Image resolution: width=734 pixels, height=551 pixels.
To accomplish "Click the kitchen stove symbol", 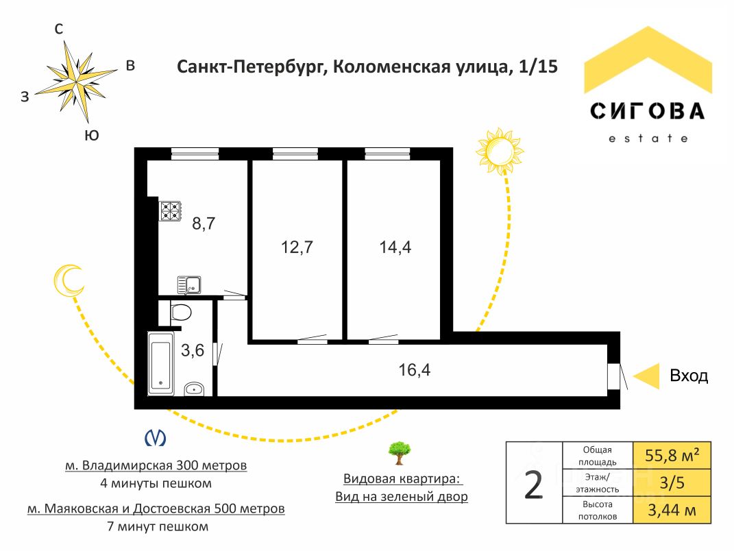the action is [x=170, y=211].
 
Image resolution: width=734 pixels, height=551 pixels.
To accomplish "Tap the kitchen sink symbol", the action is [x=189, y=285].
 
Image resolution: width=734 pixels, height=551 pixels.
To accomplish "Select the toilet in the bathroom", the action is [x=181, y=313].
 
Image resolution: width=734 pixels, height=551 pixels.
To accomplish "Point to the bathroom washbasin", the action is [x=194, y=389].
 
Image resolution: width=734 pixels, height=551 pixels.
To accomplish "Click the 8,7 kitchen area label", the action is [x=204, y=224].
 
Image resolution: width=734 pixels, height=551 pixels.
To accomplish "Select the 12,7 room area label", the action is [x=297, y=247].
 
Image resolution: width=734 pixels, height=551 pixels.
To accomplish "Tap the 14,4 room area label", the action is [x=395, y=247].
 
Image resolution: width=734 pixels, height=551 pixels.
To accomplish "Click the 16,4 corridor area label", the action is [x=414, y=370].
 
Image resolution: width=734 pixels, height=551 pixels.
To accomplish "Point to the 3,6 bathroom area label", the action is [x=193, y=350].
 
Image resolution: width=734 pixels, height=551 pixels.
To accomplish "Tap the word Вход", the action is [x=689, y=376].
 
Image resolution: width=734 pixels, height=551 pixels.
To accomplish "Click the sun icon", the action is [x=500, y=151].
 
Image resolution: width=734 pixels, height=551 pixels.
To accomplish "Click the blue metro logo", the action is [x=155, y=438].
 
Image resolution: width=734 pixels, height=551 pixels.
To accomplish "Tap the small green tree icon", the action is [x=400, y=453].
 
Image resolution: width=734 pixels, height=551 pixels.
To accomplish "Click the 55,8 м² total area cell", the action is [x=672, y=456].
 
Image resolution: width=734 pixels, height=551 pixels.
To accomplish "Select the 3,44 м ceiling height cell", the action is [x=672, y=510].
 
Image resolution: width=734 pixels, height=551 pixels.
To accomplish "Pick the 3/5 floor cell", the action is [x=672, y=482].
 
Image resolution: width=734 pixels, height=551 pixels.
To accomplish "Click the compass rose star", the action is [x=76, y=82].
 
